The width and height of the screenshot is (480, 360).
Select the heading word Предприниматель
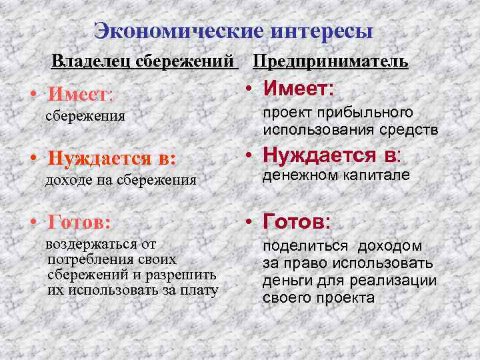pyautogui.click(x=331, y=62)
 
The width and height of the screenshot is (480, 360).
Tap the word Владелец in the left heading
pyautogui.click(x=92, y=62)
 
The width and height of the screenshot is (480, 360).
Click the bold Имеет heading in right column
pyautogui.click(x=299, y=89)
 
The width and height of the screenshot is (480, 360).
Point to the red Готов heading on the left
pyautogui.click(x=79, y=220)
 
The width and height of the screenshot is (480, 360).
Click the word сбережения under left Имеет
pyautogui.click(x=85, y=116)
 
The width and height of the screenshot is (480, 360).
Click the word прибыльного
pyautogui.click(x=374, y=111)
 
